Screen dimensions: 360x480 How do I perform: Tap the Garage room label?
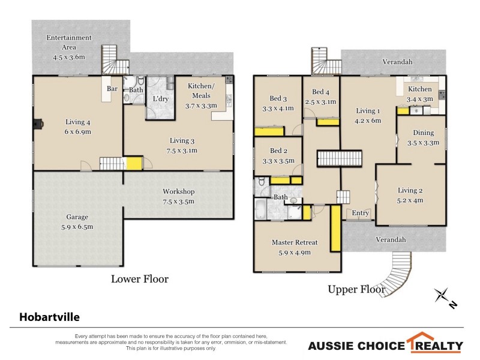pos(77,221)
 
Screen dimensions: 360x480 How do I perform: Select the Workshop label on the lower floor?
pos(178,196)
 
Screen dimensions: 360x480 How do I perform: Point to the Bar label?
pos(112,89)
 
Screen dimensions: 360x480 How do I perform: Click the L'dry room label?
pos(160,98)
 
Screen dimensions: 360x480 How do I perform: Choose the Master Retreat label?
pos(294,247)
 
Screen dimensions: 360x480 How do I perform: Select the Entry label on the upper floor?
pos(361,213)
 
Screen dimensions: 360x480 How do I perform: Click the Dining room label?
pos(424,137)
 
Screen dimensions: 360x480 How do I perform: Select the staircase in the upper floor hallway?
pos(340,159)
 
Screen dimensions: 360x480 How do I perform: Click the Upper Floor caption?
pos(356,289)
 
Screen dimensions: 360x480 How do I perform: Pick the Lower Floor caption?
pos(140,279)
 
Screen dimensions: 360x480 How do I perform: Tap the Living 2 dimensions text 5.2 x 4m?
pos(410,200)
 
